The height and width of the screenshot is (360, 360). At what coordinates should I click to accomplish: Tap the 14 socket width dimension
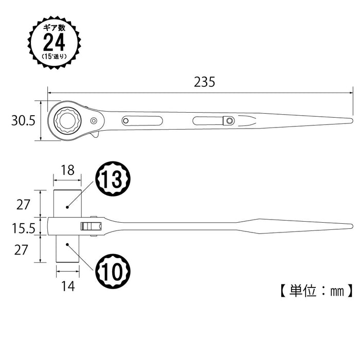[x=67, y=286]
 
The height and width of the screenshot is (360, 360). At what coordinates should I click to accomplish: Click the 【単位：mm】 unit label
[x=316, y=291]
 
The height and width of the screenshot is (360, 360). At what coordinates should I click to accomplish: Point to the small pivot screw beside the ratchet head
[x=94, y=121]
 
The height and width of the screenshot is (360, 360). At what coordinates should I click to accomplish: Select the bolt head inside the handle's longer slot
[x=228, y=121]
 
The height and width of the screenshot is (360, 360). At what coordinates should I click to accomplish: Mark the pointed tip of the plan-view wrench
[x=351, y=121]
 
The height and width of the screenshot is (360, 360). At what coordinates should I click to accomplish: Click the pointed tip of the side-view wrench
[x=351, y=226]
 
